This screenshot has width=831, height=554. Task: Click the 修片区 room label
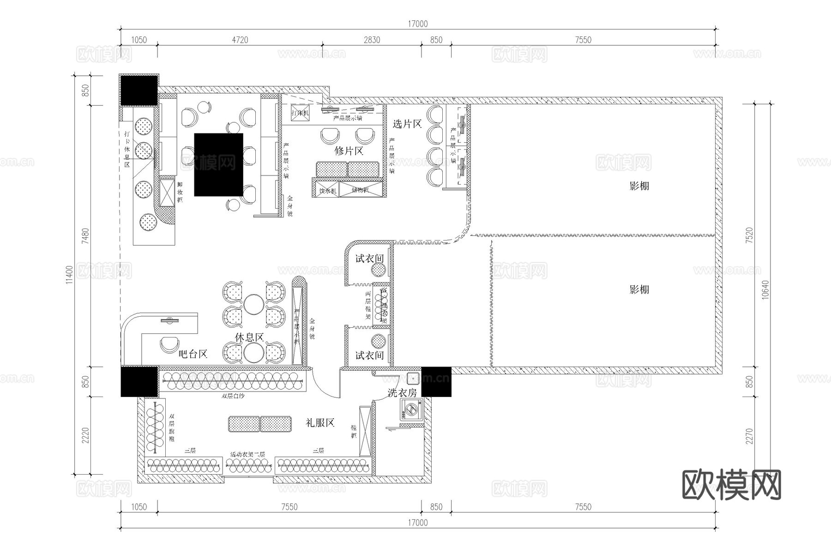349,151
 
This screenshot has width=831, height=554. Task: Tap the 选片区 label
407,124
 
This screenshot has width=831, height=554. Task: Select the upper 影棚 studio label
639,186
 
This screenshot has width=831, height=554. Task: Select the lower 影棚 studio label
639,289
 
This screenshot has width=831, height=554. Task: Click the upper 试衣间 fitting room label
369,259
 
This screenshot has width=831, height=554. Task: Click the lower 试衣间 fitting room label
369,355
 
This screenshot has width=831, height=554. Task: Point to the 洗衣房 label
402,393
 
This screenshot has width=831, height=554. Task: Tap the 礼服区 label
320,422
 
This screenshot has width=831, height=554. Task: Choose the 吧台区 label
193,354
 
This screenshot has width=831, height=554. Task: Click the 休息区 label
249,337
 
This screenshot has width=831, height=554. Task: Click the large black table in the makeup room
218,165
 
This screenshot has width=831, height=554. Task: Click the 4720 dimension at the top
240,40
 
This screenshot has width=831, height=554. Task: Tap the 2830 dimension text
372,40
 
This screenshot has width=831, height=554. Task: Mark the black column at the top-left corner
139,90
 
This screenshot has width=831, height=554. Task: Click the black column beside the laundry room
436,382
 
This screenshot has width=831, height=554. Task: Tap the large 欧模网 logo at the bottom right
731,485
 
